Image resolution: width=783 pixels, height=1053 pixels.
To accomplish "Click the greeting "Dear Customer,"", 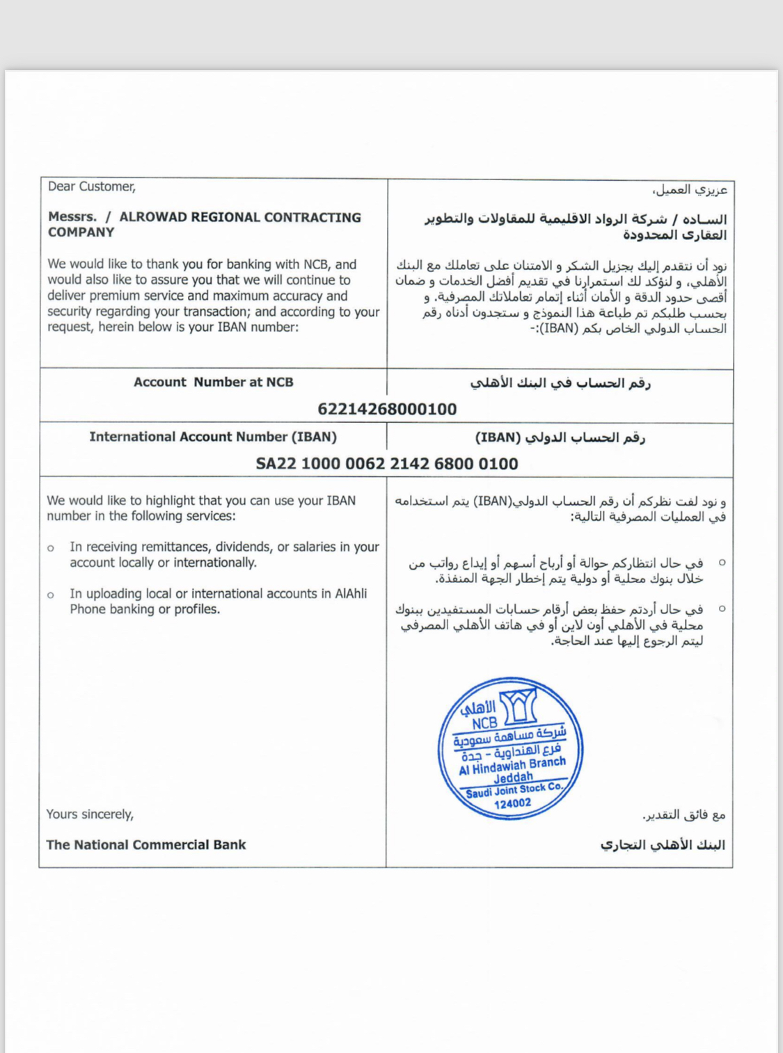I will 91,186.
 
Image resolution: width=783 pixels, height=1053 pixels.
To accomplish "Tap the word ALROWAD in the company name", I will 152,217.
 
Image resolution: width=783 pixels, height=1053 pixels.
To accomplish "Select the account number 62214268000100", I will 387,409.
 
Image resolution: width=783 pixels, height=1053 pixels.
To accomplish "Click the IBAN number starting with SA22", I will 387,464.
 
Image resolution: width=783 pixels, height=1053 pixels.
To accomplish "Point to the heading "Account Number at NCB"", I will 213,382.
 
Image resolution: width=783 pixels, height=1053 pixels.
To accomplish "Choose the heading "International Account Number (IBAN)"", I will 212,437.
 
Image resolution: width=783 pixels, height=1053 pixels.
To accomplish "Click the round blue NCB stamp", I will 510,748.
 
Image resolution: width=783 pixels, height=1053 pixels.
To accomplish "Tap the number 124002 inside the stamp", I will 512,804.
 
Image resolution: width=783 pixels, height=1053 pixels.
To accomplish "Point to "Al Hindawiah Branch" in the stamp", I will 512,766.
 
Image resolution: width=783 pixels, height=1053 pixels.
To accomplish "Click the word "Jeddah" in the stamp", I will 513,778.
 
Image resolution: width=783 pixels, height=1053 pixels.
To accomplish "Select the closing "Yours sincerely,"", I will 90,814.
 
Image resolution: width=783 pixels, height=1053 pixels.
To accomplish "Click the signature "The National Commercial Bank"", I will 145,844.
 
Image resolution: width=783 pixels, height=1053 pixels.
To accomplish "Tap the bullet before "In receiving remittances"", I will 51,548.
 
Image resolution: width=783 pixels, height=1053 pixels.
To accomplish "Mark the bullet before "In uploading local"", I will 51,595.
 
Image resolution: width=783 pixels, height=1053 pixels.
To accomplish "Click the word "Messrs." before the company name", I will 72,217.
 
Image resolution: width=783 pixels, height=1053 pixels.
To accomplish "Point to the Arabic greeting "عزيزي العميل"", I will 690,189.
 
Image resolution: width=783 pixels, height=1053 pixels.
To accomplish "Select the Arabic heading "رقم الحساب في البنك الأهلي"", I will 560,383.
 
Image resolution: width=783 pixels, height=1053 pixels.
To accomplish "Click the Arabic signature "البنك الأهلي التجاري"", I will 662,844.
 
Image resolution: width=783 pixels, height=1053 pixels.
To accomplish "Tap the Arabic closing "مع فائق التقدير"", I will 683,814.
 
